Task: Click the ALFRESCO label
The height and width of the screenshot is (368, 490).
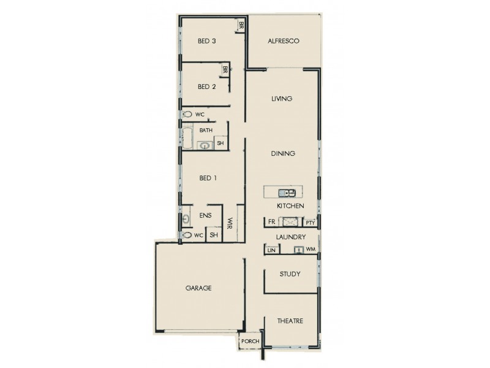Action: pos(283,41)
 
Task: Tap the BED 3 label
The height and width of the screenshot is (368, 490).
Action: pos(206,41)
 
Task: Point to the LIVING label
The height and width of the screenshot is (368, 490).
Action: pos(282,99)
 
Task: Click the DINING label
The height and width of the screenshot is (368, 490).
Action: pos(284,153)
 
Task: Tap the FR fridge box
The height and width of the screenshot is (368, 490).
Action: pos(271,222)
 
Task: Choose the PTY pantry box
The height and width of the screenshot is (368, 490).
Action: pos(310,222)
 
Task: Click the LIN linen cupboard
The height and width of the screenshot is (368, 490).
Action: pos(271,250)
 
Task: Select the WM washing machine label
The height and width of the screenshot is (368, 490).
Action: pos(311,250)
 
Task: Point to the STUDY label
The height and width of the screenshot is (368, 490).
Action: pos(289,274)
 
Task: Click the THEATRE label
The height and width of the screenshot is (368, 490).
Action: pos(290,321)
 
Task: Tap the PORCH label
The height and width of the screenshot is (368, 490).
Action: pos(251,342)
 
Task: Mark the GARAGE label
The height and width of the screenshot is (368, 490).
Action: pos(199,288)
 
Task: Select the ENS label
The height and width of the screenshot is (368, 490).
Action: pos(205,215)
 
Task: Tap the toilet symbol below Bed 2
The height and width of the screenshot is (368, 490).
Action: pos(187,114)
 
